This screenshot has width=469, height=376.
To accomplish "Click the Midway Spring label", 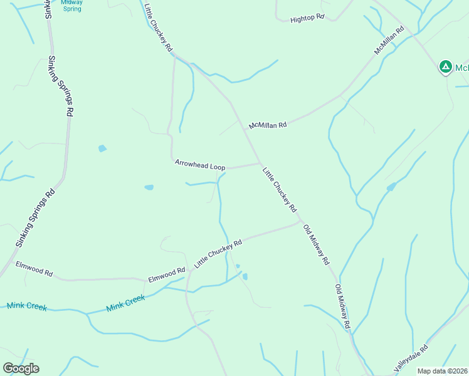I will click(72, 6).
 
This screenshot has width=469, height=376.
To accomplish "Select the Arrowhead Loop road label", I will click(200, 165).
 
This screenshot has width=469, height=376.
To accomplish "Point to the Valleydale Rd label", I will click(411, 359).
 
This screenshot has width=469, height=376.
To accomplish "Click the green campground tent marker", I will click(445, 66).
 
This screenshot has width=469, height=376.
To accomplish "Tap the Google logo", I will click(21, 368).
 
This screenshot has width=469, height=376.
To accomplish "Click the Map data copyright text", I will click(442, 371).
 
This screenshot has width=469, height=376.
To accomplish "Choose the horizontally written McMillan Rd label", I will click(268, 125).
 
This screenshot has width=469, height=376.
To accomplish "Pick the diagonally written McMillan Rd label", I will click(389, 41).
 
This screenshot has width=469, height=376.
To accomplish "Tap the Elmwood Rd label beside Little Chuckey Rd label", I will click(166, 274).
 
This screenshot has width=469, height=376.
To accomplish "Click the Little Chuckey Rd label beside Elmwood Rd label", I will click(218, 254).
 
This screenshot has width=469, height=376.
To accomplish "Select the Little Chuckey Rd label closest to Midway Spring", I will click(158, 28).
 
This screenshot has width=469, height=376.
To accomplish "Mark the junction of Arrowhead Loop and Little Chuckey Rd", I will click(260, 164).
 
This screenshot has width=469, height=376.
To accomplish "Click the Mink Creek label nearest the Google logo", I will click(27, 306).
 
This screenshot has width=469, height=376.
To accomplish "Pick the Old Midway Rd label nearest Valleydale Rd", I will click(342, 308).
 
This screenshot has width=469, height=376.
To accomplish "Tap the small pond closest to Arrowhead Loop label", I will click(149, 187).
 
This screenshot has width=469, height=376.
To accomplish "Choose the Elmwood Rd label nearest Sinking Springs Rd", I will click(34, 271).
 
